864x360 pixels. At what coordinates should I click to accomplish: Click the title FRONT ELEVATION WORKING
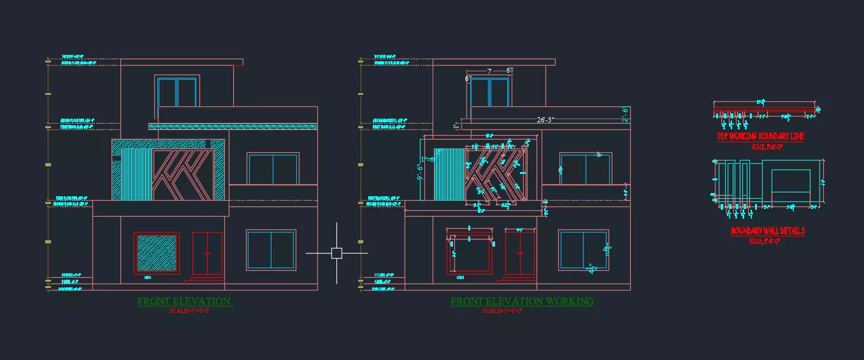tap(522, 301)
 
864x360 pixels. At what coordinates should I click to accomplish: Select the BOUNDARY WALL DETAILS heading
tap(767, 231)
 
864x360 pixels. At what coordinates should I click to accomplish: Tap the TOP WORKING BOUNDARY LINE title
tap(760, 136)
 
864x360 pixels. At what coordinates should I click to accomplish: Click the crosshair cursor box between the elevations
tap(336, 253)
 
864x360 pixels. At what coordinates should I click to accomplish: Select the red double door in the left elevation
tap(207, 253)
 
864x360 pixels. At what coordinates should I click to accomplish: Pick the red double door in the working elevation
tap(520, 253)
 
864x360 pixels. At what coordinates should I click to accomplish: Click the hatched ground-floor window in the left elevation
tap(156, 253)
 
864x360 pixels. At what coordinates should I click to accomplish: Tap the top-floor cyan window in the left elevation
tap(177, 92)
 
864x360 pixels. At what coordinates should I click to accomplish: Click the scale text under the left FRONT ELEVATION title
tap(185, 311)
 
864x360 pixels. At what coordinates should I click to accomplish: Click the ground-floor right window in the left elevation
tap(271, 250)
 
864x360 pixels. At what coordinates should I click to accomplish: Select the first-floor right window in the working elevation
tap(586, 169)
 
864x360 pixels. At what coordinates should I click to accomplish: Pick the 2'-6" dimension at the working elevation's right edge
tap(626, 114)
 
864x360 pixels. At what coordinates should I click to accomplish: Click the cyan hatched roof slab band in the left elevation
tap(233, 127)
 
